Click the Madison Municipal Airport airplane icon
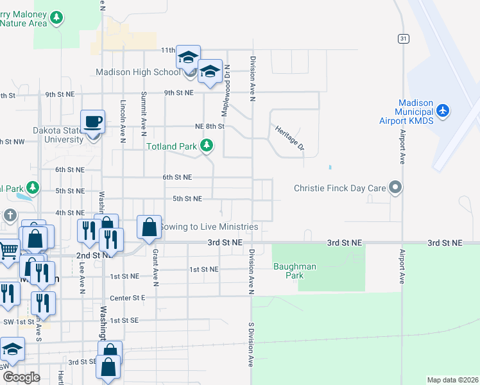pos(443,110)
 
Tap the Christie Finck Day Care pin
pos(396,188)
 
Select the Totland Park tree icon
pos(207,146)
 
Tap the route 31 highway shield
pos(402,38)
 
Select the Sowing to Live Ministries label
pos(209,227)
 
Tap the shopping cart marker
pos(8,249)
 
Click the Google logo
pos(21,377)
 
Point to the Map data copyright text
pos(452,380)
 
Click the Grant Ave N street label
pos(155,268)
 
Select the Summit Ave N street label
pos(142,114)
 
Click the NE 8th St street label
pos(210,126)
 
